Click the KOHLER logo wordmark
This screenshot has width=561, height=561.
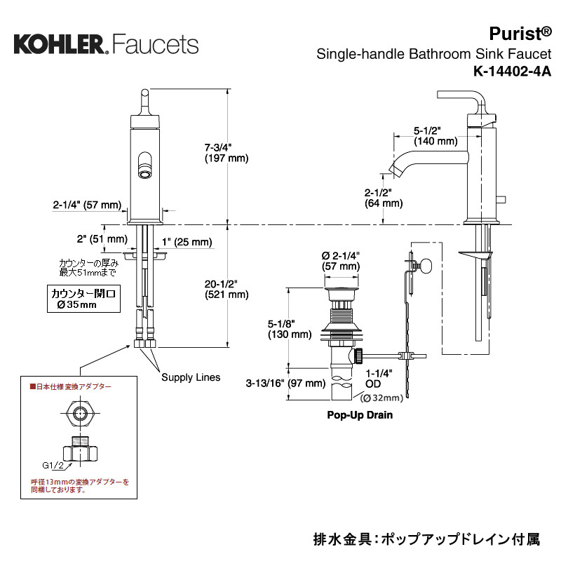[60, 44]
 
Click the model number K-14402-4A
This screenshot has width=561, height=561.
[512, 72]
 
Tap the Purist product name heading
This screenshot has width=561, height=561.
[520, 34]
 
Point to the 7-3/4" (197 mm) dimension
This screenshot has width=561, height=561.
[227, 153]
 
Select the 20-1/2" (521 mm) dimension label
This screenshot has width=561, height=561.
[227, 289]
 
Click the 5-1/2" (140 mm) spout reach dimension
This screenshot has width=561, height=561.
[435, 136]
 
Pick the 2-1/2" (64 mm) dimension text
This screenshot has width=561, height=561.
[384, 198]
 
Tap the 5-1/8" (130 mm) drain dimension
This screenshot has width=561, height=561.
[290, 329]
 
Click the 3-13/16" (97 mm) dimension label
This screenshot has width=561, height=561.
[285, 383]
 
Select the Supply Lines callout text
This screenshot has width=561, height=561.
[191, 377]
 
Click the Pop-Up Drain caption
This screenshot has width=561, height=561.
[360, 415]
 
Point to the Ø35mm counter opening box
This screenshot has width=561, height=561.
[83, 299]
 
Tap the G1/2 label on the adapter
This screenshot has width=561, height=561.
[53, 465]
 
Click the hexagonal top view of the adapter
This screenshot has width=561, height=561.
[80, 414]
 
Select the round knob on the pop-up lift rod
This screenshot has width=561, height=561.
[426, 266]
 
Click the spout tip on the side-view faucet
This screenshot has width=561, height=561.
[395, 170]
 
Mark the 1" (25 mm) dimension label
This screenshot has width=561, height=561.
[187, 242]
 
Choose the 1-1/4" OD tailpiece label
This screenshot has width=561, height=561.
[379, 379]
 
